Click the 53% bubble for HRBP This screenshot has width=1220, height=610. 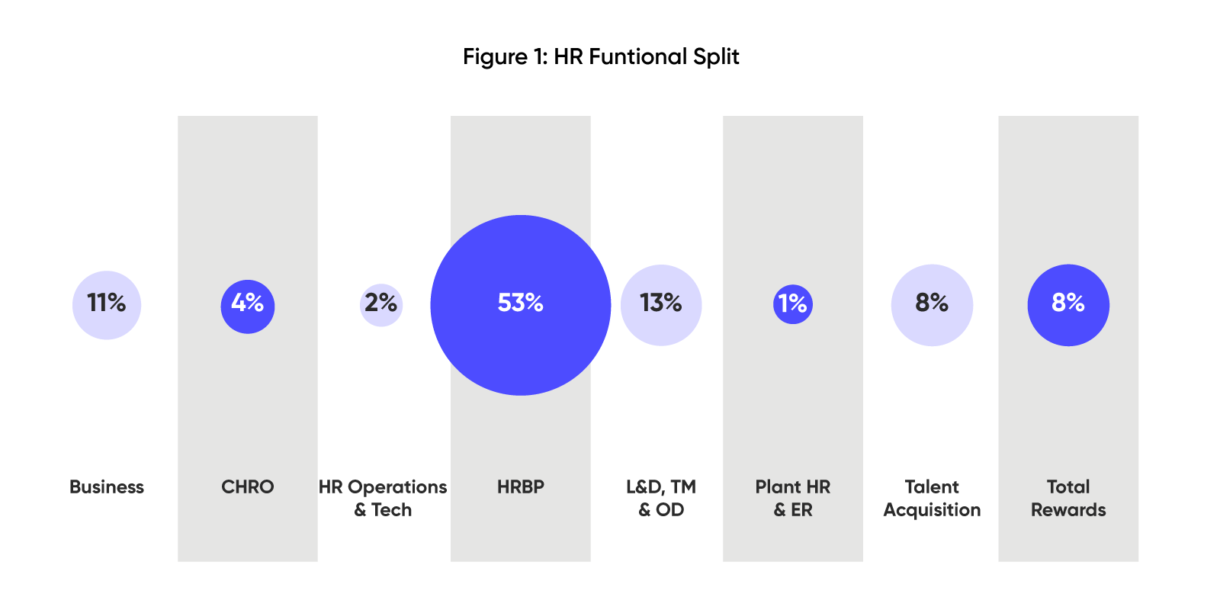click(x=521, y=305)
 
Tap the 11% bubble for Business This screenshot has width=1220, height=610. click(x=107, y=305)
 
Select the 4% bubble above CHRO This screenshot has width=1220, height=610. click(x=248, y=306)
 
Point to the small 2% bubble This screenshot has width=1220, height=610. click(x=381, y=305)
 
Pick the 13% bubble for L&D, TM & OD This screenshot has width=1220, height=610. click(x=661, y=305)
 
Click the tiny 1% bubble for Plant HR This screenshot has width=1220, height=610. click(x=793, y=305)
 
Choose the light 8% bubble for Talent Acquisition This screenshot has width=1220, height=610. click(x=932, y=305)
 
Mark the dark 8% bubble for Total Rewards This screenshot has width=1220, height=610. click(x=1068, y=305)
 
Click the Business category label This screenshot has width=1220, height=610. click(x=107, y=487)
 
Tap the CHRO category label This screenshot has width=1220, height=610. click(x=248, y=487)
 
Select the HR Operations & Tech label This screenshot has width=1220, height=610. click(x=383, y=498)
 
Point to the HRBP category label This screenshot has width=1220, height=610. click(x=521, y=487)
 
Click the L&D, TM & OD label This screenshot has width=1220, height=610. click(x=661, y=498)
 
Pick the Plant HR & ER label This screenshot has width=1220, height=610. click(x=793, y=498)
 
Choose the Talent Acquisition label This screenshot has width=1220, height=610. click(x=932, y=498)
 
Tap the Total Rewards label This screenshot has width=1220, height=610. click(x=1068, y=498)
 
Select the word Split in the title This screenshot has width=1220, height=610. click(x=716, y=57)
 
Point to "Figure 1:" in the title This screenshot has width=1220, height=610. click(x=505, y=57)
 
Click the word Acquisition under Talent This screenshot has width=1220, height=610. click(x=932, y=510)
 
